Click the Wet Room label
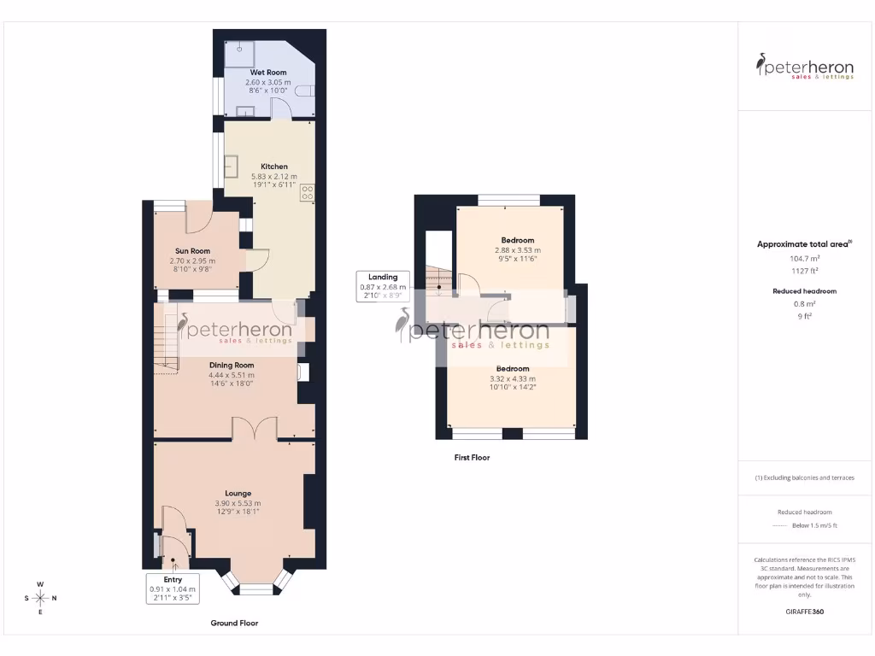pyautogui.click(x=267, y=73)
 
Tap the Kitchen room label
pyautogui.click(x=274, y=167)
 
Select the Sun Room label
pyautogui.click(x=193, y=251)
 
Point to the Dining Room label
pyautogui.click(x=232, y=365)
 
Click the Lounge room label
pyautogui.click(x=238, y=494)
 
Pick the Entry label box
pyautogui.click(x=173, y=589)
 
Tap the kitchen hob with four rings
pyautogui.click(x=307, y=194)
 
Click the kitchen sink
pyautogui.click(x=232, y=167)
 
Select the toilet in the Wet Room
pyautogui.click(x=305, y=91)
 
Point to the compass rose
pyautogui.click(x=39, y=598)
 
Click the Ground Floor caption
pyautogui.click(x=234, y=624)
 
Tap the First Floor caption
pyautogui.click(x=472, y=458)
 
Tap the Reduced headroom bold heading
pyautogui.click(x=803, y=291)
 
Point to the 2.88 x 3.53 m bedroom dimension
pyautogui.click(x=518, y=250)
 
